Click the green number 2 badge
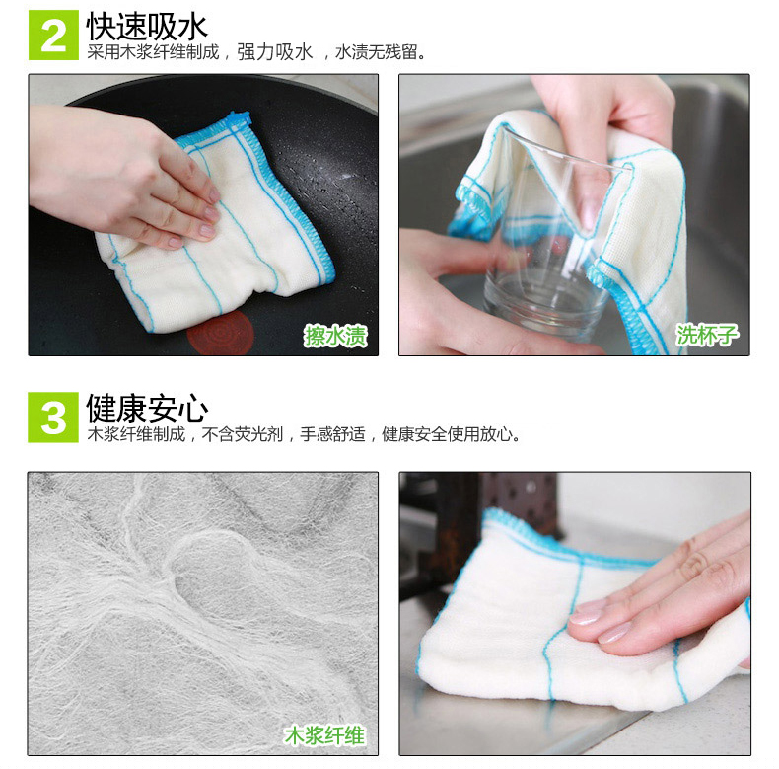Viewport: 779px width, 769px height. [53, 35]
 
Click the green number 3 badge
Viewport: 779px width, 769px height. [53, 418]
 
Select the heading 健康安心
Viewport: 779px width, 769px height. [147, 408]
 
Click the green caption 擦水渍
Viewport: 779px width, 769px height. [336, 336]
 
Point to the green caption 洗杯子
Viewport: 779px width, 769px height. [706, 335]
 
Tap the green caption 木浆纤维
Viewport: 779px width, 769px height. [324, 735]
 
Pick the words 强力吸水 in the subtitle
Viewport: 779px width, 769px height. [275, 52]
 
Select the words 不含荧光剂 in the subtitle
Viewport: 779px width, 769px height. [243, 434]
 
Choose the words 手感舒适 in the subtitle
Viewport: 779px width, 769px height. [332, 434]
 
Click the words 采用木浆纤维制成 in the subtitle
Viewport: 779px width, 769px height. [153, 52]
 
